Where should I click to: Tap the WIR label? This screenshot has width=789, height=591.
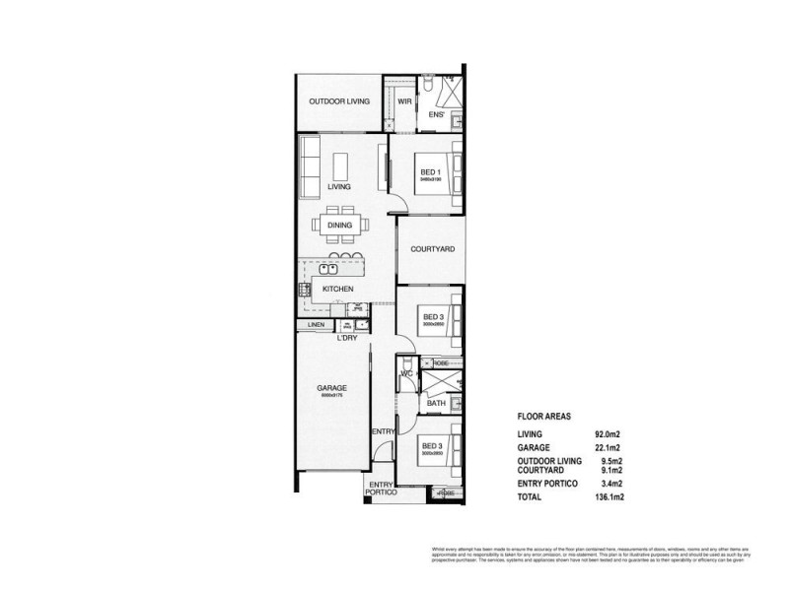pos(404,101)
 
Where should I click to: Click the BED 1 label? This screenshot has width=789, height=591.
pos(429,172)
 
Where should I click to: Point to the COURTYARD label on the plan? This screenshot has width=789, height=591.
pos(432,250)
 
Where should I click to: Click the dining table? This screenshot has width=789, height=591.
pos(339,225)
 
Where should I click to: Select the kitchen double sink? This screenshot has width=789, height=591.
pos(328,267)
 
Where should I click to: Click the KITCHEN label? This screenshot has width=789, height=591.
pos(338,289)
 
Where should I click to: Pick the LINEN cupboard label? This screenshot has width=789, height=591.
pos(317,324)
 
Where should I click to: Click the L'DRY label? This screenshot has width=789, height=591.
pos(346,338)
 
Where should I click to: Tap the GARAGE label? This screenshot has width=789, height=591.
pos(331,388)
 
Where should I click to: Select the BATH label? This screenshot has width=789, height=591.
pos(435,403)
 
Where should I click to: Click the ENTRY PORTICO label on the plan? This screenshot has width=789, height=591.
pos(382,488)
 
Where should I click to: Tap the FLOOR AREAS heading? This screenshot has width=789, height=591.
pos(543,417)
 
